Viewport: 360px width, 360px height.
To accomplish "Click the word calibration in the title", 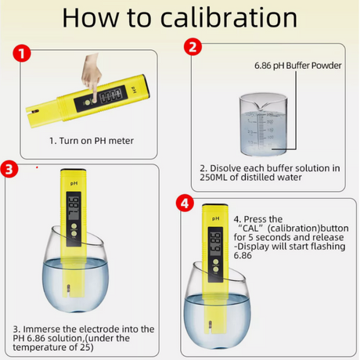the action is click(229, 18).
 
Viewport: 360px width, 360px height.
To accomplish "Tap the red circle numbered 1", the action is click(22, 53).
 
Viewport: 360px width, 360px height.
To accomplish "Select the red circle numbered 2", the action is click(193, 47).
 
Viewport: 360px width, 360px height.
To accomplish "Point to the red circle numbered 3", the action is click(9, 169).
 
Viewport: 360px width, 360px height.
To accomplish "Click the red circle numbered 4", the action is click(185, 203).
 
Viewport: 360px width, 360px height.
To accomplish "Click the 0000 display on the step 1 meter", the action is click(111, 95).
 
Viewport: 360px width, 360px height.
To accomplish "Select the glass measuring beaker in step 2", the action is click(263, 125).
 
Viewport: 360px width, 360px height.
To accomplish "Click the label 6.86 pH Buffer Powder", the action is click(298, 66).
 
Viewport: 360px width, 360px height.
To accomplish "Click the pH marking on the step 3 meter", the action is click(74, 184).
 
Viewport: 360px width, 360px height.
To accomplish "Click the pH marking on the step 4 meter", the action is click(216, 218).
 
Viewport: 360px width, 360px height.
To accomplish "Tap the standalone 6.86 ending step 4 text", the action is click(243, 256).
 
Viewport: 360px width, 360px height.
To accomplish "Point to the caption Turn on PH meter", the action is click(96, 141).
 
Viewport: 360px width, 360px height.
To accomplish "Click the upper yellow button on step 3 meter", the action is click(74, 226).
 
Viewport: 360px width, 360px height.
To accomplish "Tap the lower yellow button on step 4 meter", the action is click(216, 269).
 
